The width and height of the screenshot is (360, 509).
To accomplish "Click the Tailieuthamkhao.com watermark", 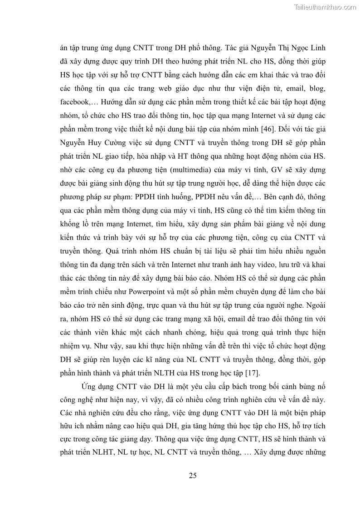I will click(x=325, y=7).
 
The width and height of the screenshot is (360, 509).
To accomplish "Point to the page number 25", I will click(x=193, y=475).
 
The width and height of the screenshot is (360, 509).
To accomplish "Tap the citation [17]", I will click(x=252, y=373).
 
